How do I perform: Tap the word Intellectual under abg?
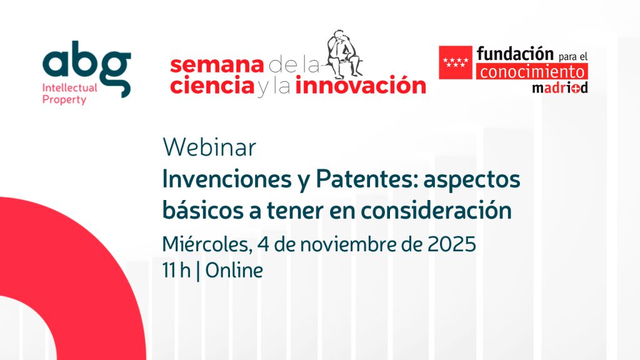coord(70,87)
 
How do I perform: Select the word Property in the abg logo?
coord(64,100)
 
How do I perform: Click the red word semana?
coord(217,65)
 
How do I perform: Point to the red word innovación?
coord(361,85)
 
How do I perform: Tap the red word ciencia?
coord(212,85)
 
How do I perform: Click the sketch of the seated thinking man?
coord(344,54)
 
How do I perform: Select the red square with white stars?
coord(456,62)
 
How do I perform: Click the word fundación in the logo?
coord(515,53)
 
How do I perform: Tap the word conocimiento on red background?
coord(532,72)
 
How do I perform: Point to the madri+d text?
coord(560,87)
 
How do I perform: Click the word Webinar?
coord(209,147)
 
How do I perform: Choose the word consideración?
coord(436,210)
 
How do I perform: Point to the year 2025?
coord(452,244)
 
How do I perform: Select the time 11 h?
coord(176,270)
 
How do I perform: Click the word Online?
coord(234,270)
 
